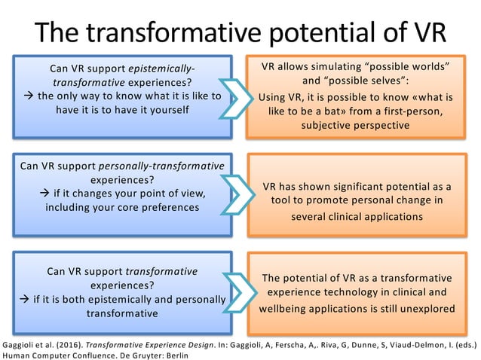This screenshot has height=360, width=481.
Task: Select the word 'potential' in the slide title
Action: click(x=328, y=32)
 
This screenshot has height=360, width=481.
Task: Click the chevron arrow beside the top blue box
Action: click(x=239, y=96)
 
